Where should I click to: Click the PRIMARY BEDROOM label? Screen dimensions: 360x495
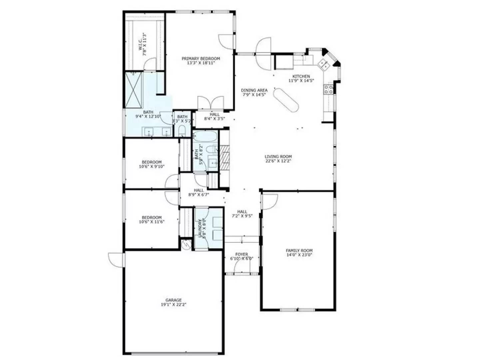point(201,59)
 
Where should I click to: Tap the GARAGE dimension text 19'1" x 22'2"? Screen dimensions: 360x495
point(174,304)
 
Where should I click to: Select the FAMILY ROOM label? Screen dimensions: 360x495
point(299,250)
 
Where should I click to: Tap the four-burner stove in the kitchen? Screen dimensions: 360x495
point(328,89)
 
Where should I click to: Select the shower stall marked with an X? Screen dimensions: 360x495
point(133,90)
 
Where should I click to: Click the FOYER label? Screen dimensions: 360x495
point(242,254)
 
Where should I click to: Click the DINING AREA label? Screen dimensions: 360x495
point(254,90)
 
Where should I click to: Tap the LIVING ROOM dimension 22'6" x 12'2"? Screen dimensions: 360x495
point(278,161)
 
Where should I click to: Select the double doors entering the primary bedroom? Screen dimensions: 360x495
point(211,103)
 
